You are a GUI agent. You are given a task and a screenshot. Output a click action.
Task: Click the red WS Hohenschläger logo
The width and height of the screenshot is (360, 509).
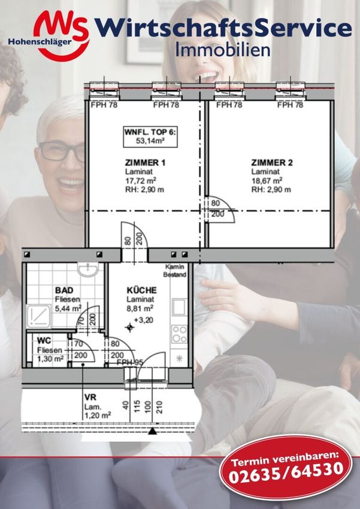pos(49,35)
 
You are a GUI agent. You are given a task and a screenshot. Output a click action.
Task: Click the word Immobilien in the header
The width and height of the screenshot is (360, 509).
pos(223,50)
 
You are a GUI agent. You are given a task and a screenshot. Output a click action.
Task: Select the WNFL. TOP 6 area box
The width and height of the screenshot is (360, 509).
pos(150,137)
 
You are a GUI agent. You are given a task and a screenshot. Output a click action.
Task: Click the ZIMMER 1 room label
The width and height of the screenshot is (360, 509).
pos(145,162)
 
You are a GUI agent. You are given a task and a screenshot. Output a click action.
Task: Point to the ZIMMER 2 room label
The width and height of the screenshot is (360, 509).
pos(272,162)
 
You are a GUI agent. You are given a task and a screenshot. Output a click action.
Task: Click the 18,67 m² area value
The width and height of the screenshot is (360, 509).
pos(267,180)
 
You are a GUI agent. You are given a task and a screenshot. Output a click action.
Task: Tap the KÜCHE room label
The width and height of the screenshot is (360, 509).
pos(141,290)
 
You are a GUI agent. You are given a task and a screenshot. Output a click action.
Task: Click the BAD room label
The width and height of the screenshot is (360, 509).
pos(64,290)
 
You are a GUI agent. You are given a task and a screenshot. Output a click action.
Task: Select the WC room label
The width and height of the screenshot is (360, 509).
pos(44,341)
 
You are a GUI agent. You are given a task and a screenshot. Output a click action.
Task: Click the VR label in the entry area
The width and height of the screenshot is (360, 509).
pos(90,398)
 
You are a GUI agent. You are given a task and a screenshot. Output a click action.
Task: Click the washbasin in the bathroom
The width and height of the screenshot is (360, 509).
pos(88,269)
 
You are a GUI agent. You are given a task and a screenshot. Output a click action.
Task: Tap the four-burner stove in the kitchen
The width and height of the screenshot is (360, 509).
pos(179,334)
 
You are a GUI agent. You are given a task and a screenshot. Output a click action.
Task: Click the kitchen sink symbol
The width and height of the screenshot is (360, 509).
pos(179,307)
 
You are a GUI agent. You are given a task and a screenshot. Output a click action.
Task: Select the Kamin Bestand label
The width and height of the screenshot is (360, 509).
pos(175,271)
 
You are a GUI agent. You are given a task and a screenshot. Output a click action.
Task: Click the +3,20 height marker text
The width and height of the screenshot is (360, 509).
pos(144,320)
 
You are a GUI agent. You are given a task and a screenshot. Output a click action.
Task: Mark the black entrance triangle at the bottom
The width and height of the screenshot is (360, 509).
pos(152,431)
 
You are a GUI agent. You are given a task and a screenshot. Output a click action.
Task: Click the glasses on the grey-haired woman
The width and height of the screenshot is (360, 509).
pos(61,152)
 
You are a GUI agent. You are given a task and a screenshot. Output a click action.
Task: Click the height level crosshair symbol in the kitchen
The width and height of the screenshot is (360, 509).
pos(129,328)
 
